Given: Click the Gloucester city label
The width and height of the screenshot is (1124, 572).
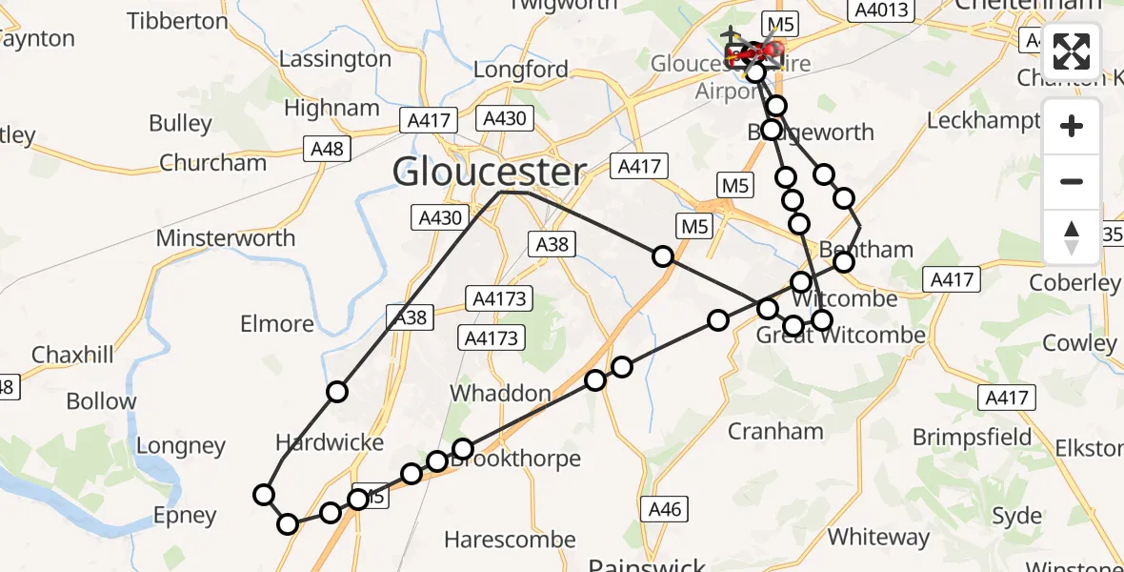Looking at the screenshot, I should click(x=490, y=173).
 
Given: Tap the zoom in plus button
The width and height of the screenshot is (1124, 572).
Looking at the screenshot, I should click(x=1072, y=127).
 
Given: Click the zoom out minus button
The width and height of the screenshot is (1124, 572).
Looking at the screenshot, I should click(x=1072, y=181).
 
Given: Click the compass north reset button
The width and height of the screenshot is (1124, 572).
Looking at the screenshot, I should click(x=1072, y=236).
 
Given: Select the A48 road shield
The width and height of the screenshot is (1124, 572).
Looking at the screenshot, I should click(x=327, y=149).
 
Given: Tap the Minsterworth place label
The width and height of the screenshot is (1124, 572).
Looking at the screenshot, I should click(x=226, y=237).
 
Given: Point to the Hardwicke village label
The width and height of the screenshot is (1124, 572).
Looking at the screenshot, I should click(x=330, y=442).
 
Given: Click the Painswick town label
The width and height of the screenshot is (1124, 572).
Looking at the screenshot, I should click(x=648, y=564).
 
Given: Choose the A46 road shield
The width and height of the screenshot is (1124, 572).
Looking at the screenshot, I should click(x=664, y=509).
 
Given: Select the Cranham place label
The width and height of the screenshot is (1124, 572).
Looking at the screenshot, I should click(x=775, y=431).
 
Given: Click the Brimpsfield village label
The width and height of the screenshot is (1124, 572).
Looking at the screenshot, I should click(x=972, y=437).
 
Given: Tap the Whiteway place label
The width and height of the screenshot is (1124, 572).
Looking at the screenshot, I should click(x=878, y=537).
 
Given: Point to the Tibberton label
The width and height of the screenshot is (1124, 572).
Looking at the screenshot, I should click(x=177, y=21).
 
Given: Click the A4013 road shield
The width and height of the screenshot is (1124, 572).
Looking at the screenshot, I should click(x=881, y=10).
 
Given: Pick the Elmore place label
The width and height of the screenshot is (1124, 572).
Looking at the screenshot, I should click(x=277, y=324).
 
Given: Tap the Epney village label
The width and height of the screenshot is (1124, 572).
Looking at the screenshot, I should click(x=185, y=516).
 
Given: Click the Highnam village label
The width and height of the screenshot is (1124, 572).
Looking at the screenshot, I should click(x=332, y=109).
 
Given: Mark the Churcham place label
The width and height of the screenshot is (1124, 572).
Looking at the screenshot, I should click(x=213, y=162).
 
